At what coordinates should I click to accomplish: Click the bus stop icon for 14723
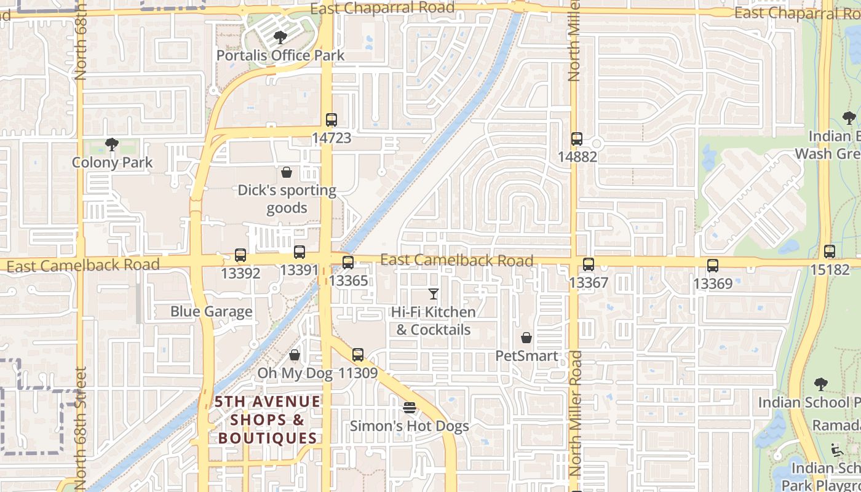(331, 120)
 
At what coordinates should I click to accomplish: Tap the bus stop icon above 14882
(577, 139)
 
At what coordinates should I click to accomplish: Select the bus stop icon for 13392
(240, 255)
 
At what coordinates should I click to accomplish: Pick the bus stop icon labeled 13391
(300, 252)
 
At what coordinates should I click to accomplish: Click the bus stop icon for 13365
(348, 263)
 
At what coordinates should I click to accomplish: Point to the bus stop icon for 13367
(589, 265)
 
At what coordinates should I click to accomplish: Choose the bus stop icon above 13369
(713, 266)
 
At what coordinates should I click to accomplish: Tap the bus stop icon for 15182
(830, 252)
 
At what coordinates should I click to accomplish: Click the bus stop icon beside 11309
(358, 355)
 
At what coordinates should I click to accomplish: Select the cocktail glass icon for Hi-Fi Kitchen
(434, 294)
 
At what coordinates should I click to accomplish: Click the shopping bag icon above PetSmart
(526, 338)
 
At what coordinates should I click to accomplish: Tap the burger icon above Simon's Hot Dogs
(410, 408)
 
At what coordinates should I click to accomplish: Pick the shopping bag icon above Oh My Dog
(295, 355)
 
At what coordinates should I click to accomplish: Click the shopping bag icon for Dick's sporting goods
(287, 172)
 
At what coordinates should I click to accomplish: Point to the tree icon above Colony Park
(112, 145)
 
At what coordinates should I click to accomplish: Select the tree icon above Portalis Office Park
(280, 38)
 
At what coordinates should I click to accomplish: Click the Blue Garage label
(211, 311)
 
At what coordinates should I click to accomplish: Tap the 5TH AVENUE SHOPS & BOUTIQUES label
(266, 420)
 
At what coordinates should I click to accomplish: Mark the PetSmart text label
(527, 356)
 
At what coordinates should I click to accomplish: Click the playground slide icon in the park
(837, 451)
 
